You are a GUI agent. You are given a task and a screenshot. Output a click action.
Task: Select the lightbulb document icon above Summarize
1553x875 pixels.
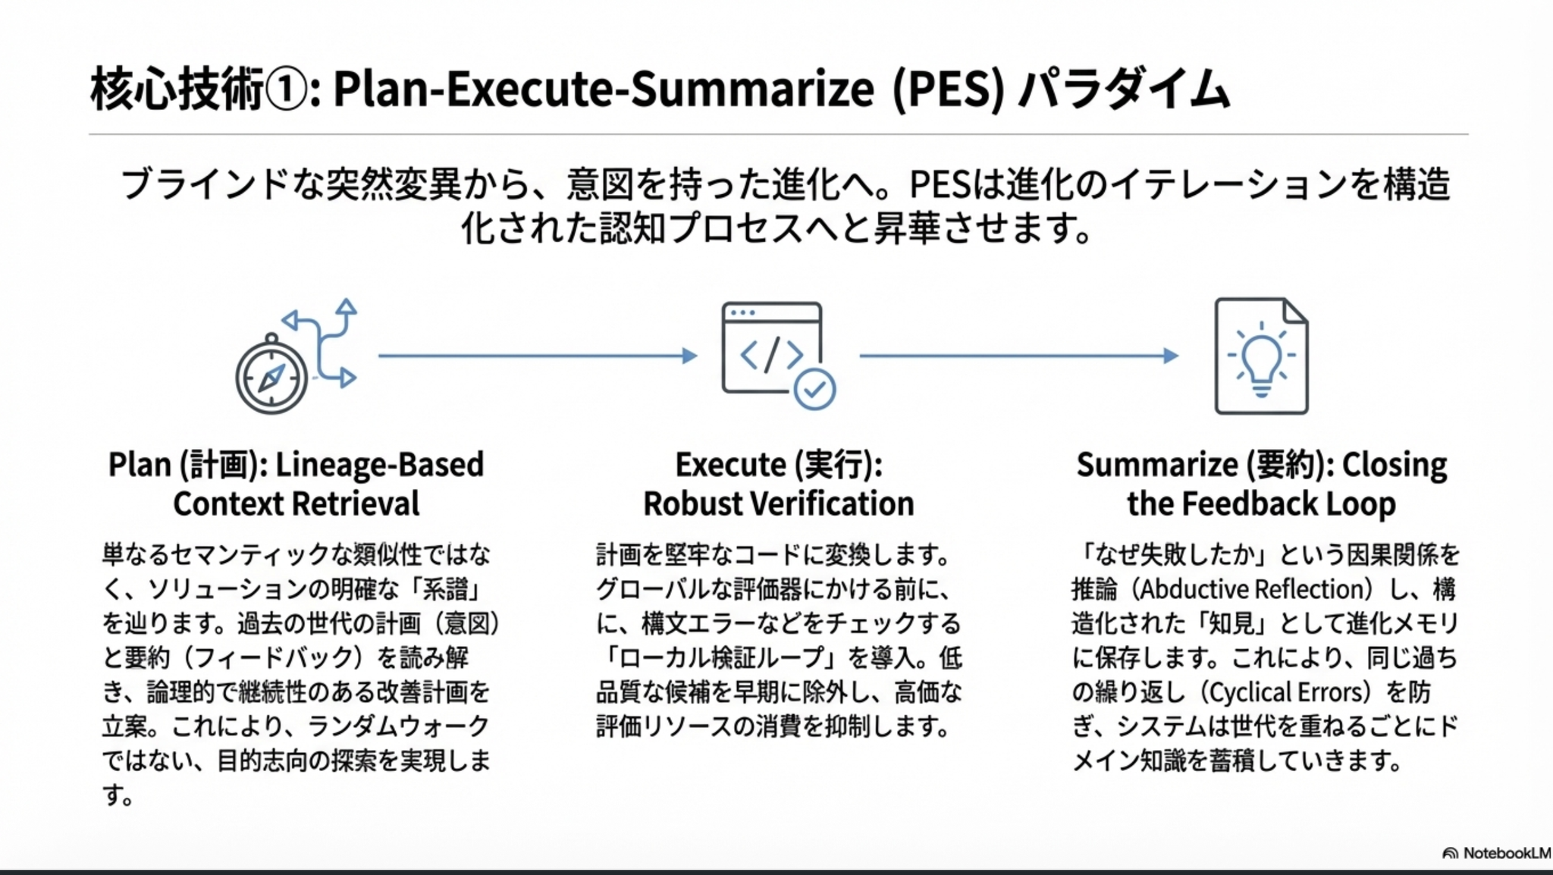(1261, 356)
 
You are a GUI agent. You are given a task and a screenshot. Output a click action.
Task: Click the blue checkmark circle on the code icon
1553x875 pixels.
(814, 389)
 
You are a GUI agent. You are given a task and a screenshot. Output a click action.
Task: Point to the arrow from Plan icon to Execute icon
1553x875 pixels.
(538, 356)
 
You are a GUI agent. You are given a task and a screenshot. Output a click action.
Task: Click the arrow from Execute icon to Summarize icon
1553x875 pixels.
(1019, 356)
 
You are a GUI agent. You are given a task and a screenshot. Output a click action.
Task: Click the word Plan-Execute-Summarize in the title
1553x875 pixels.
(604, 89)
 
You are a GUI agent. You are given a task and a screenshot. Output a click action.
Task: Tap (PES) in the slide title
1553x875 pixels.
(948, 89)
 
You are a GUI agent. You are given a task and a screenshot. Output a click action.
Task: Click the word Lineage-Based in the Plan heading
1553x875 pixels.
(379, 464)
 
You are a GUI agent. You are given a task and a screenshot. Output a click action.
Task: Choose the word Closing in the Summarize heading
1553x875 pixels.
(1395, 464)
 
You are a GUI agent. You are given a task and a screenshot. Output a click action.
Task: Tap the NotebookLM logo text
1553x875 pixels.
(1497, 853)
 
